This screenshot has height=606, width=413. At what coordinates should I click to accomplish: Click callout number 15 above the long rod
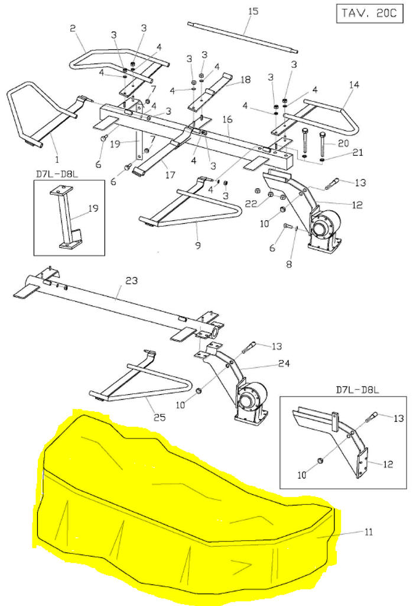[x=253, y=12]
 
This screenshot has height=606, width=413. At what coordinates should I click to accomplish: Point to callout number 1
[x=57, y=159]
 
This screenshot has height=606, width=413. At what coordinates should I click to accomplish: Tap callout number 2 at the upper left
[x=73, y=28]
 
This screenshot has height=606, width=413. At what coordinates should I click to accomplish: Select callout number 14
[x=354, y=85]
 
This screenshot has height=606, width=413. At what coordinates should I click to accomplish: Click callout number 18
[x=245, y=79]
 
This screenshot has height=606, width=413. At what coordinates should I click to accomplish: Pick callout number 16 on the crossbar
[x=227, y=120]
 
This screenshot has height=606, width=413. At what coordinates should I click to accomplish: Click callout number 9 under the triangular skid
[x=197, y=245]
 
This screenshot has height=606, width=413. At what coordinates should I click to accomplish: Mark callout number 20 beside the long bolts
[x=343, y=143]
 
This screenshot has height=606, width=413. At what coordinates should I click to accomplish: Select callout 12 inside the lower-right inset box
[x=388, y=465]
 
